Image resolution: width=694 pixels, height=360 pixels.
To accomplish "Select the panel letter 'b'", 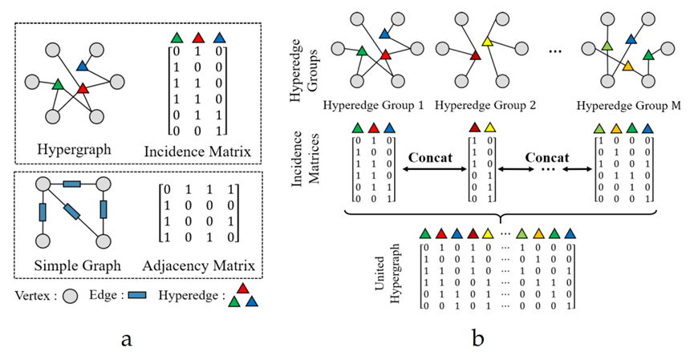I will [x=478, y=339].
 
